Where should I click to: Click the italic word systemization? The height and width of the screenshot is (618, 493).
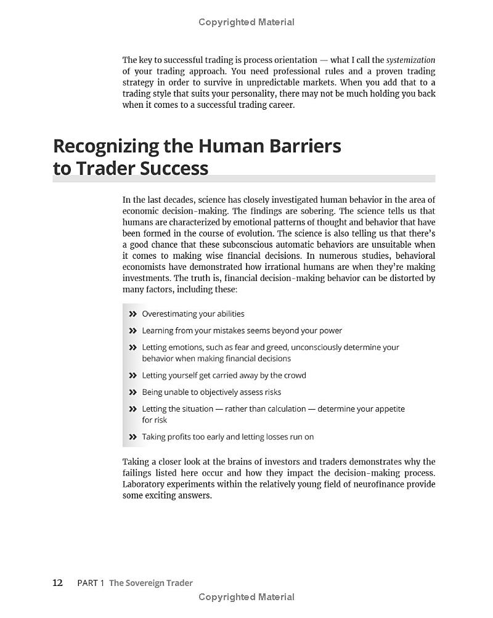click(410, 60)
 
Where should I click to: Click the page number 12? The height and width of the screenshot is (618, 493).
click(57, 583)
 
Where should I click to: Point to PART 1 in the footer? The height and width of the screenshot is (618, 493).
click(91, 583)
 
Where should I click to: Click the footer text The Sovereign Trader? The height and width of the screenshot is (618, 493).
click(151, 583)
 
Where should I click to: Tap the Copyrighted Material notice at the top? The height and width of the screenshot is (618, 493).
click(246, 22)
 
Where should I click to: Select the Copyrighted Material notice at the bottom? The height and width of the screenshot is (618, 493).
click(246, 597)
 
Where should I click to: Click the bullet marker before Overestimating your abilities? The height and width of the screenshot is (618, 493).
click(132, 314)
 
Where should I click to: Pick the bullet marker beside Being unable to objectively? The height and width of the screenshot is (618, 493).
click(132, 392)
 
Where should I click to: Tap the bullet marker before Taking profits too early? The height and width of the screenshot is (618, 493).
click(132, 437)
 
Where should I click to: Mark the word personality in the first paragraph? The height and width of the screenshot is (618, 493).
click(260, 94)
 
